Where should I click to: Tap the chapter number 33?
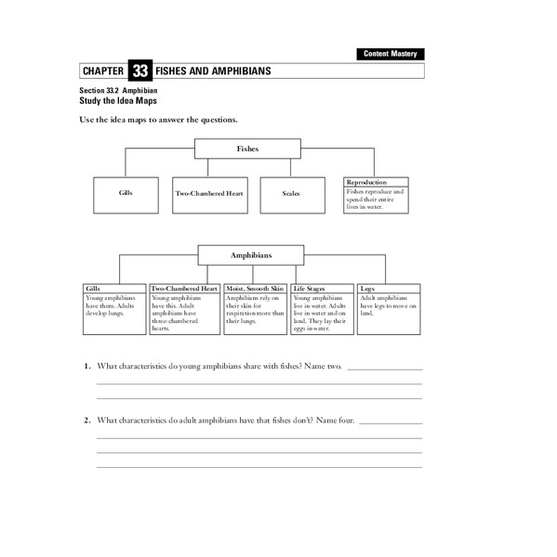[139, 71]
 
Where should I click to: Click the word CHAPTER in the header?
[101, 71]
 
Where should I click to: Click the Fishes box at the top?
[247, 149]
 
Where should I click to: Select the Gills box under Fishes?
[126, 194]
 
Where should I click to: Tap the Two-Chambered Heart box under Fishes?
[209, 194]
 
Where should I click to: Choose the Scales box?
[291, 194]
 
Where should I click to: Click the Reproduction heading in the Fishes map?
[366, 182]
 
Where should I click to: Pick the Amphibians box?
[250, 255]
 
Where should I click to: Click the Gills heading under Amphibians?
[93, 289]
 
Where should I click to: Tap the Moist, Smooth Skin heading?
[256, 289]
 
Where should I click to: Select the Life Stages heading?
[311, 289]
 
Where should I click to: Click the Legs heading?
[366, 289]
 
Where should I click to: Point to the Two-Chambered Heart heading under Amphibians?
[184, 289]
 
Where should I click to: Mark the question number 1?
[86, 367]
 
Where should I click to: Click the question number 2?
[86, 421]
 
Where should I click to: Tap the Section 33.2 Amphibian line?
[119, 90]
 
